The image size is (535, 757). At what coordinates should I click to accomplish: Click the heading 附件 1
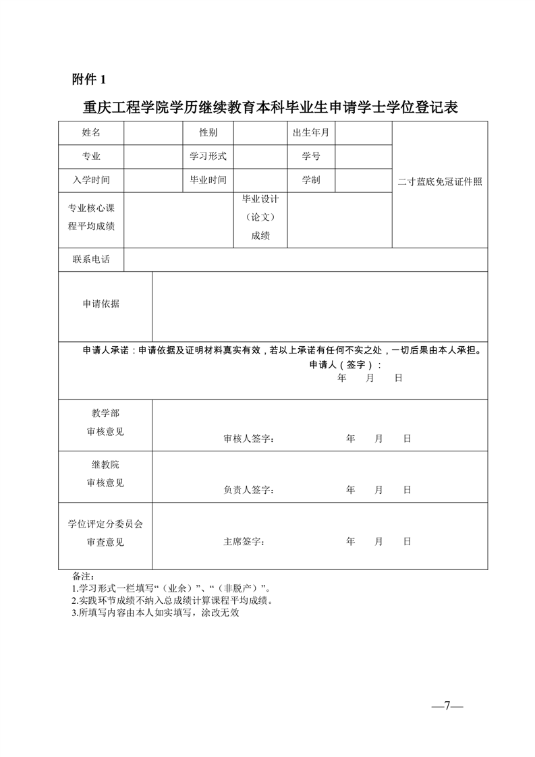click(89, 80)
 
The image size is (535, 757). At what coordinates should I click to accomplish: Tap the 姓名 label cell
click(91, 132)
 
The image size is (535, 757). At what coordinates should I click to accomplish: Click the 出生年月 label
click(311, 132)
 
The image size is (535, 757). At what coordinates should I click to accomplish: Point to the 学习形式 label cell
click(208, 156)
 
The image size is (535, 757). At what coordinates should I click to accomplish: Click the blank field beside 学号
click(363, 156)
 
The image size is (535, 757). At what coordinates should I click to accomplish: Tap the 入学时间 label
click(91, 180)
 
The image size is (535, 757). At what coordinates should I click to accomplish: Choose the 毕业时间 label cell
click(208, 180)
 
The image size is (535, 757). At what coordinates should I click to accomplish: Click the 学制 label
click(311, 180)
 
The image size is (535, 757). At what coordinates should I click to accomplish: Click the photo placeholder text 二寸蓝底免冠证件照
click(440, 182)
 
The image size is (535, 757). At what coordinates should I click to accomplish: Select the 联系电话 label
click(91, 259)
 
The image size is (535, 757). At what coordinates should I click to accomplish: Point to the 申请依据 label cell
click(101, 304)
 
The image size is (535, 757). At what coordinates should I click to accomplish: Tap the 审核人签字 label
click(248, 439)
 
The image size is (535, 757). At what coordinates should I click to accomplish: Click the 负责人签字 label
click(248, 490)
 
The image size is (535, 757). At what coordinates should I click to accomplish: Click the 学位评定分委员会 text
click(105, 524)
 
